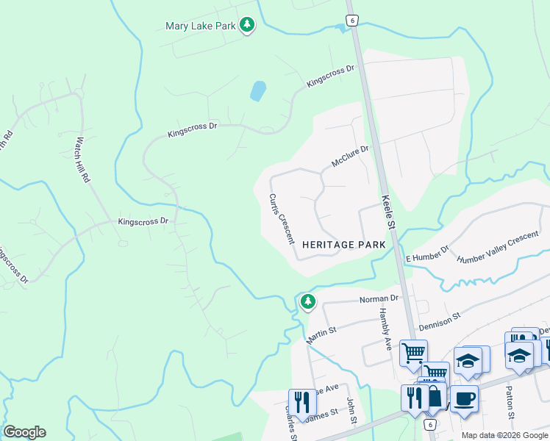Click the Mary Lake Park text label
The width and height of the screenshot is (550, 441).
pyautogui.click(x=200, y=26)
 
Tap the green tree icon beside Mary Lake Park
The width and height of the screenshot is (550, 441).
pyautogui.click(x=248, y=26)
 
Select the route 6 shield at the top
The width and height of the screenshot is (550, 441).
pyautogui.click(x=352, y=21)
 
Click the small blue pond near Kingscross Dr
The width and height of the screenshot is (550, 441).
pyautogui.click(x=258, y=91)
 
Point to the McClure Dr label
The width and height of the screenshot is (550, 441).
pyautogui.click(x=349, y=156)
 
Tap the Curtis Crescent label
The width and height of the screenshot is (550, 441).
pyautogui.click(x=282, y=219)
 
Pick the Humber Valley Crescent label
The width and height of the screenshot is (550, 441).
pyautogui.click(x=498, y=248)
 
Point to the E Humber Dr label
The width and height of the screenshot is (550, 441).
pyautogui.click(x=426, y=254)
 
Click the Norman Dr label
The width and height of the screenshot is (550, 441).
pyautogui.click(x=378, y=299)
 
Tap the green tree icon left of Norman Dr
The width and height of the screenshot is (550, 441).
pyautogui.click(x=307, y=301)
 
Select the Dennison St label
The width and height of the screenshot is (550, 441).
pyautogui.click(x=439, y=320)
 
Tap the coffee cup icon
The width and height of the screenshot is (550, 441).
pyautogui.click(x=464, y=399)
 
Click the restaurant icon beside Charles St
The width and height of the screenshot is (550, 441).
pyautogui.click(x=302, y=402)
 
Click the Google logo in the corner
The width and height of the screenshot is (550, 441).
pyautogui.click(x=24, y=432)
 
